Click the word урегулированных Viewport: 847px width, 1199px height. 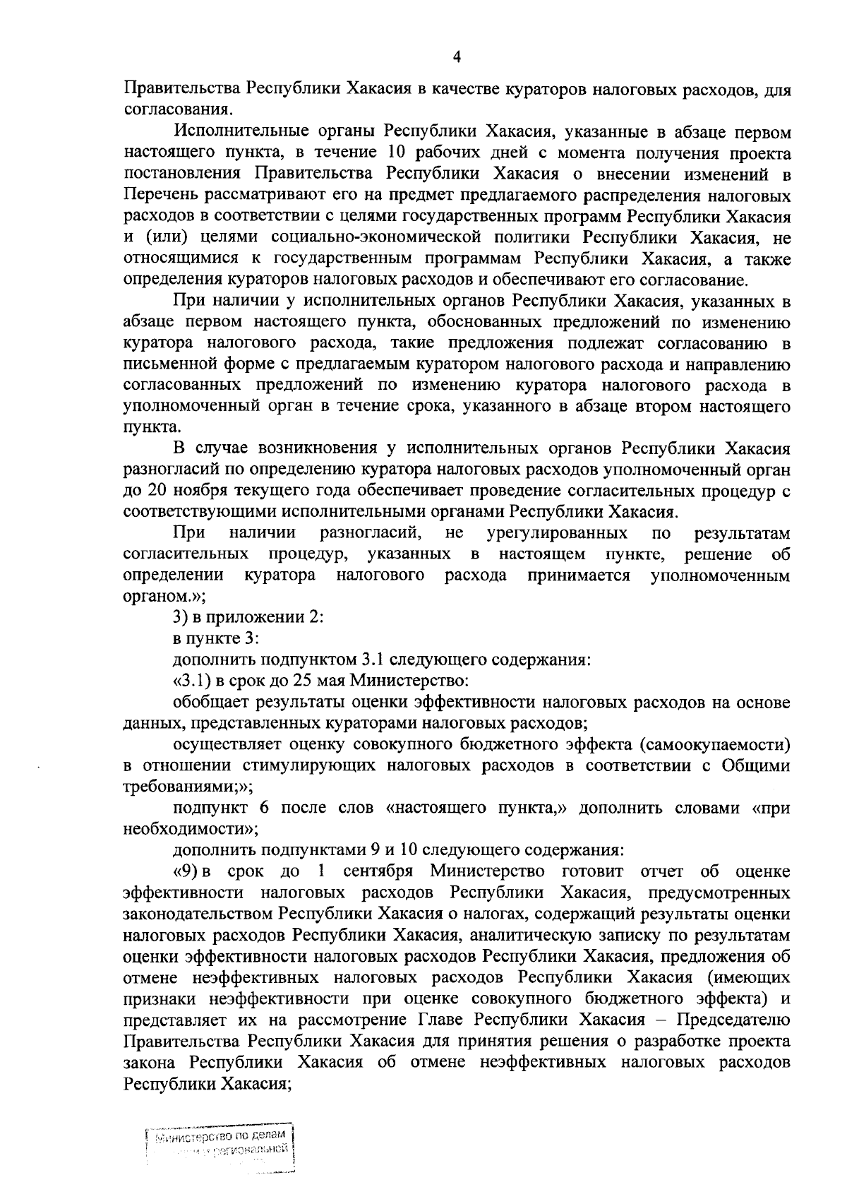557,532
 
